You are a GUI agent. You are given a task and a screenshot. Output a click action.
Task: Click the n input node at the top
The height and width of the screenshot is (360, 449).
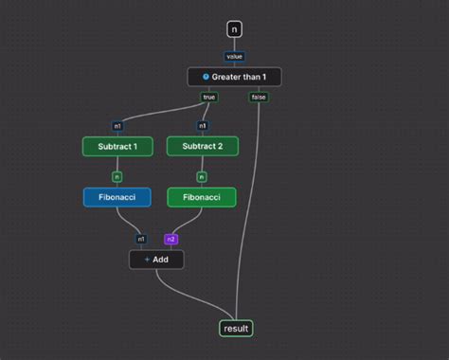coord(235,29)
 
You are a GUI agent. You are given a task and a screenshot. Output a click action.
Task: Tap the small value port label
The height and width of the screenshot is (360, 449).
coord(234,56)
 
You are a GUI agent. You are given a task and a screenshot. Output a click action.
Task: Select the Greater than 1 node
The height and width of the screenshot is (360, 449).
coord(235,77)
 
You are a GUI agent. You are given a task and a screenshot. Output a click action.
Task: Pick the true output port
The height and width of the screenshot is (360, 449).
coord(210,97)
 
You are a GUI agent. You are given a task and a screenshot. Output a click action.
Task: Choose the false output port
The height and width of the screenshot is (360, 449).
coord(259,97)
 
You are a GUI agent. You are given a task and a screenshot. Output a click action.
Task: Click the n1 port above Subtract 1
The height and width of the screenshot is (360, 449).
coord(117,125)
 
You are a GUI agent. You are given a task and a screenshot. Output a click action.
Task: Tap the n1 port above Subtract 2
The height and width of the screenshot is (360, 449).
coord(202,125)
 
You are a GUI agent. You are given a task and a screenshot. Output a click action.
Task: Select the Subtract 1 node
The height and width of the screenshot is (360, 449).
coord(117,147)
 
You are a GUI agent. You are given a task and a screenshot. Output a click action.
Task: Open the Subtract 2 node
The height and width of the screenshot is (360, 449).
coord(202,147)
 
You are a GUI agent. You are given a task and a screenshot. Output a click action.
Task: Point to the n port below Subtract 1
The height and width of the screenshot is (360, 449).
coord(117,176)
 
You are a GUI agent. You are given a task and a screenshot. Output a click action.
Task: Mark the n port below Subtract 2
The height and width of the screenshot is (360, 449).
coord(202,176)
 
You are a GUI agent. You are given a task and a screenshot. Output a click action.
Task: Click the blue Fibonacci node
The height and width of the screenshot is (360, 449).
coord(117,197)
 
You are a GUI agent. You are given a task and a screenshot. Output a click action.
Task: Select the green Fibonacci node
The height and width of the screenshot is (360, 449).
coord(202,197)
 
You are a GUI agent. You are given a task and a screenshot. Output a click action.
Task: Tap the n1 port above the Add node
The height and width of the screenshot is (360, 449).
coord(141,240)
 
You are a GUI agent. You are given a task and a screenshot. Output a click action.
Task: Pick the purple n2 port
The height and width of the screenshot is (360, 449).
coord(171,240)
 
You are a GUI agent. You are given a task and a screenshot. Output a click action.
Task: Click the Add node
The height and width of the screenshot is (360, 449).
coord(156,260)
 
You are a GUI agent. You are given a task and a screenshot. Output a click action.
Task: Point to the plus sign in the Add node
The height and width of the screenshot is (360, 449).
coord(147,260)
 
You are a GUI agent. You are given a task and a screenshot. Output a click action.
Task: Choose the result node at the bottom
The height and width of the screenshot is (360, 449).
coord(236,329)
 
